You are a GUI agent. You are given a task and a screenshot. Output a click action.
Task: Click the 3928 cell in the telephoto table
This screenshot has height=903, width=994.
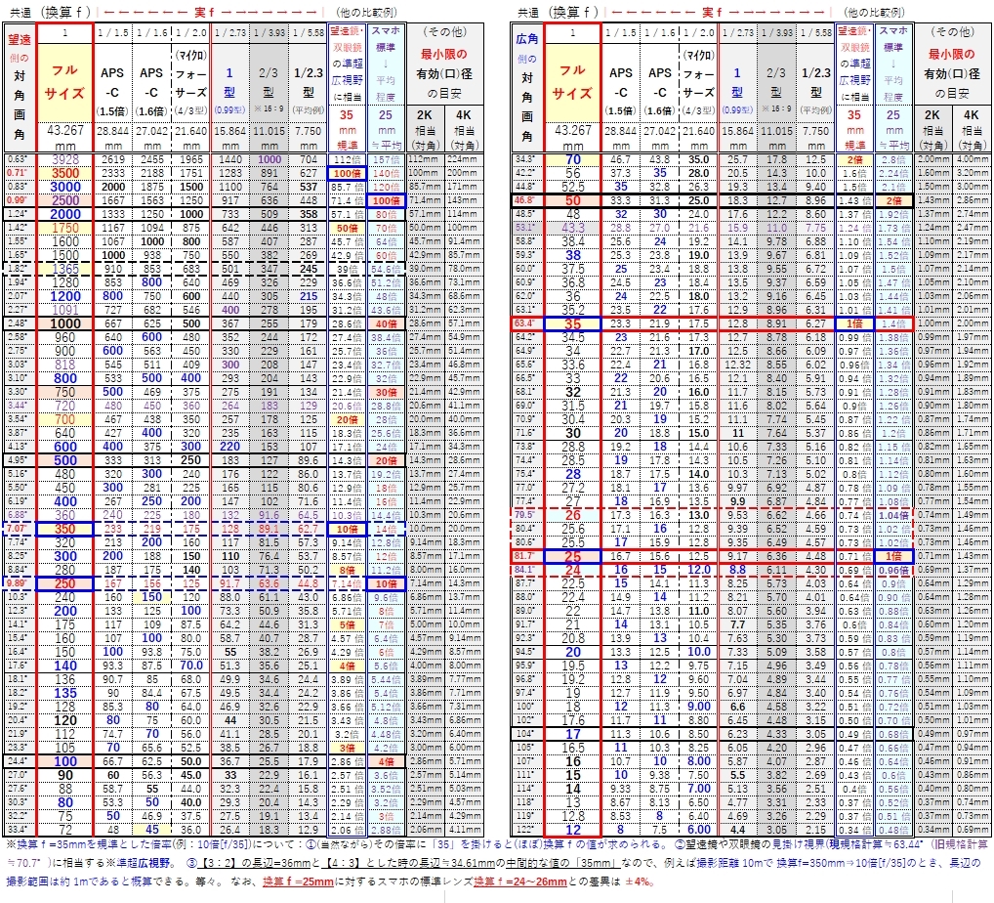64,159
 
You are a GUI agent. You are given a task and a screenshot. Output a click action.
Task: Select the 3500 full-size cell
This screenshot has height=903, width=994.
64,172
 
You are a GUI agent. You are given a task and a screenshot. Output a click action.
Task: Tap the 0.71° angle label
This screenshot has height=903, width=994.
18,172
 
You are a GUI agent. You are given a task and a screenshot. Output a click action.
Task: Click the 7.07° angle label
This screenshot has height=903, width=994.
18,528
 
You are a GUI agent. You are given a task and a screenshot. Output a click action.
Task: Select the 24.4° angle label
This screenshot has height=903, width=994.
18,759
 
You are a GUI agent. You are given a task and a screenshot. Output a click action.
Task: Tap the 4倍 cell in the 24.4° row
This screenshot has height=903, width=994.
386,759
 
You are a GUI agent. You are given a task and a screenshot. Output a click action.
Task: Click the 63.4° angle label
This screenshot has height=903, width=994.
524,322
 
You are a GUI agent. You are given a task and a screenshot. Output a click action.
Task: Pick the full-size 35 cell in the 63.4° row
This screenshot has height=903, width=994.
573,322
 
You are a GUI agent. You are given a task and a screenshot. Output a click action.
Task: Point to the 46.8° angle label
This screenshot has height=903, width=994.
524,199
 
